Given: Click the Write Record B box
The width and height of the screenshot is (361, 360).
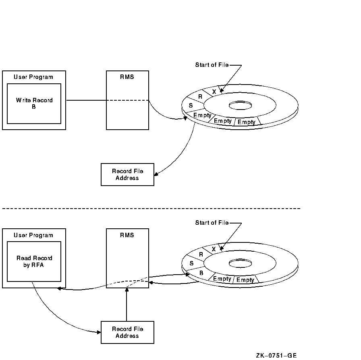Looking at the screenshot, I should pyautogui.click(x=34, y=103).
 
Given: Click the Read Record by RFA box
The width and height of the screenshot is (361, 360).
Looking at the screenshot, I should pyautogui.click(x=34, y=261).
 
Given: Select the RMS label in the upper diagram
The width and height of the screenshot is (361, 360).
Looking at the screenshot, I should pyautogui.click(x=127, y=77).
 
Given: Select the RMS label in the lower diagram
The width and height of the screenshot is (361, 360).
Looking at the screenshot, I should pyautogui.click(x=127, y=235).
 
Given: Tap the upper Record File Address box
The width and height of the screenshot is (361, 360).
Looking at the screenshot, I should pyautogui.click(x=127, y=174).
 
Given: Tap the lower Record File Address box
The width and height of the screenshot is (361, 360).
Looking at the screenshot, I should pyautogui.click(x=127, y=332).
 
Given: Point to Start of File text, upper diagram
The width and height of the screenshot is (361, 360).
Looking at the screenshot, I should pyautogui.click(x=212, y=65).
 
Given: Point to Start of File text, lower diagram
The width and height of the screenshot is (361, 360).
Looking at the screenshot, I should pyautogui.click(x=212, y=223).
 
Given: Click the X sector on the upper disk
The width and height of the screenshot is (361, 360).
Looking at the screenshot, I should pyautogui.click(x=214, y=91).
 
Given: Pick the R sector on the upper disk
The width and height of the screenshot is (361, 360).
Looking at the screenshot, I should pyautogui.click(x=201, y=97).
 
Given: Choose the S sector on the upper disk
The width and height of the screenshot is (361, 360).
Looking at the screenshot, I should pyautogui.click(x=191, y=106).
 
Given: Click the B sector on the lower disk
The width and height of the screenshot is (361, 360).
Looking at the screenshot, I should pyautogui.click(x=201, y=272).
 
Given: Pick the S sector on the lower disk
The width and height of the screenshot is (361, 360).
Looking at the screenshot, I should pyautogui.click(x=191, y=263).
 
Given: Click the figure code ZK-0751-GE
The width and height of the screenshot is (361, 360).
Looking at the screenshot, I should pyautogui.click(x=276, y=355).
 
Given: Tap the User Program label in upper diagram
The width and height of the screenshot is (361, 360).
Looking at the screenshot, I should pyautogui.click(x=33, y=77).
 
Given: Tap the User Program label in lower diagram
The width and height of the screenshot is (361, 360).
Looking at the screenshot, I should pyautogui.click(x=33, y=235).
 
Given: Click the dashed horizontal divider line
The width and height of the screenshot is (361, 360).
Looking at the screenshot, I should pyautogui.click(x=151, y=209).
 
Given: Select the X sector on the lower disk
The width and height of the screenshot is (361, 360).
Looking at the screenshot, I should pyautogui.click(x=214, y=249).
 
